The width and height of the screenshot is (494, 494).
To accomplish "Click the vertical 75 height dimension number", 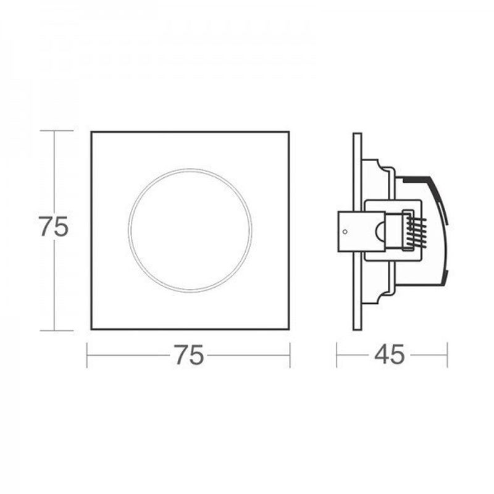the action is tap(54, 227).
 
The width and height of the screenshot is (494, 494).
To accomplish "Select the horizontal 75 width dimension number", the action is tap(189, 354).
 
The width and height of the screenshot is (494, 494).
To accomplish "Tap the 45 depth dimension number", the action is tap(390, 354).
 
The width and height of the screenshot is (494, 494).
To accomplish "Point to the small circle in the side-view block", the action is tap(345, 232).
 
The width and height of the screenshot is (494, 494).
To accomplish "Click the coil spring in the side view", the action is tap(416, 231).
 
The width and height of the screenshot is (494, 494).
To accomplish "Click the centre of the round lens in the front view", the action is tap(190, 230).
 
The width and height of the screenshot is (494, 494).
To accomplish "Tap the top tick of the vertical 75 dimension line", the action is tap(57, 131).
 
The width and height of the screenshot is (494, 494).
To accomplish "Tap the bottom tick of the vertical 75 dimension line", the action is tap(57, 330).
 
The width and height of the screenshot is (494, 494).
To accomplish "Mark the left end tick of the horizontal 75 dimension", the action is tap(87, 355).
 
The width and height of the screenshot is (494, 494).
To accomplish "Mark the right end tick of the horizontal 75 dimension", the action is tap(290, 355).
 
